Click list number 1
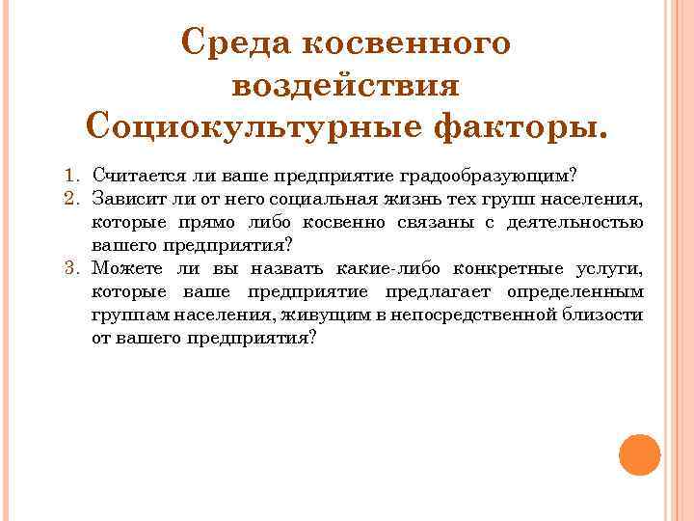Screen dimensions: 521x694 70,176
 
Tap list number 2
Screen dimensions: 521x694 70,199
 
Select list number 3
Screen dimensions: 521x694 70,268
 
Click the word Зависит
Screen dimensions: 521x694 122,199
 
